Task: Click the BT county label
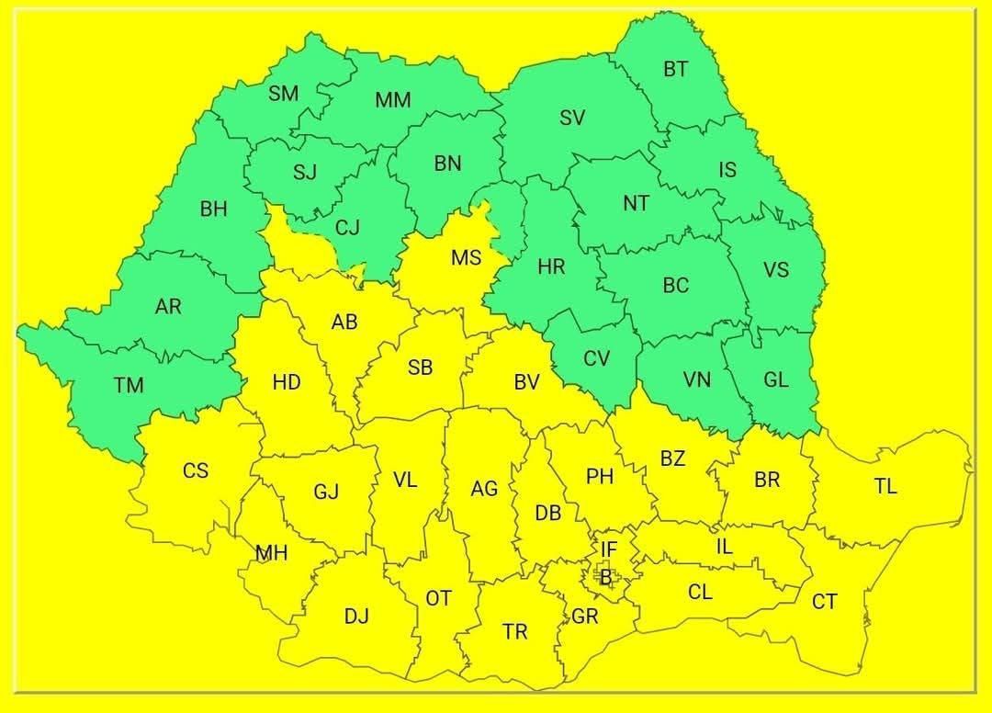point(675,69)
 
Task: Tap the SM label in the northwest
point(283,93)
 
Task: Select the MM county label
point(392,100)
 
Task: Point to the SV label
point(572,118)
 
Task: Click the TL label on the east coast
point(885,487)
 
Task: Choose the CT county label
point(824,602)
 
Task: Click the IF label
point(609,549)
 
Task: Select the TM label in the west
point(129,385)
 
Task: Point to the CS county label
point(195,470)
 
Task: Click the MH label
point(271,553)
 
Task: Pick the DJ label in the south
point(356,617)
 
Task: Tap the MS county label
point(466,258)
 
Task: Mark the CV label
point(596,358)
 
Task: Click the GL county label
point(776,380)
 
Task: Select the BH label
point(213,209)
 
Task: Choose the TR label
point(515,631)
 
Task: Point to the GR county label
point(584,617)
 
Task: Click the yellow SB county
point(420,368)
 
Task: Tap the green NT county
point(636,203)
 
